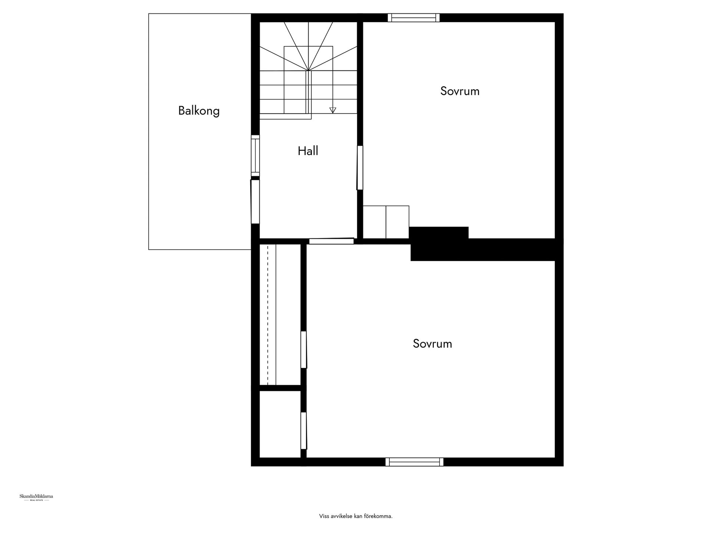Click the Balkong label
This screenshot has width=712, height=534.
click(x=199, y=111)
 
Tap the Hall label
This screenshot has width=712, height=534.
click(x=308, y=151)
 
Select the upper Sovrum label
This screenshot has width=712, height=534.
click(x=460, y=91)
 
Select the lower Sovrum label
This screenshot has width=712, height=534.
click(x=432, y=344)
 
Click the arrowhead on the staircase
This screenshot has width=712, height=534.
click(x=333, y=110)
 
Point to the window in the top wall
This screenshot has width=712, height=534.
click(x=414, y=18)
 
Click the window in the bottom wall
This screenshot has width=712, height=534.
click(x=414, y=462)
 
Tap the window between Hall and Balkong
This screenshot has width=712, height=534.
click(x=255, y=156)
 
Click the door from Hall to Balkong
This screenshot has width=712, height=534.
click(x=255, y=202)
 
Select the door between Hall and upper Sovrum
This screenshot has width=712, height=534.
click(x=360, y=168)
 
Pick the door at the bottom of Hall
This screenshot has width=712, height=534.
click(x=332, y=241)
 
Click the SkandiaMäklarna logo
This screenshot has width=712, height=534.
click(x=36, y=497)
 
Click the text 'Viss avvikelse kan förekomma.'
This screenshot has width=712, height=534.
click(x=356, y=516)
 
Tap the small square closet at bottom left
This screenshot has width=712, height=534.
click(x=280, y=424)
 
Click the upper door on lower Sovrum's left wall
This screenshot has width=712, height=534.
click(x=304, y=350)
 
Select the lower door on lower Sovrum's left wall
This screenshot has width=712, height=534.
click(x=304, y=431)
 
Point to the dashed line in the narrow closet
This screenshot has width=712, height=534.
click(x=268, y=314)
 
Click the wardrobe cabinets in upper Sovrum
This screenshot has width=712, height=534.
click(x=386, y=222)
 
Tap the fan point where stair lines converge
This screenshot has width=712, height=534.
click(x=308, y=70)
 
